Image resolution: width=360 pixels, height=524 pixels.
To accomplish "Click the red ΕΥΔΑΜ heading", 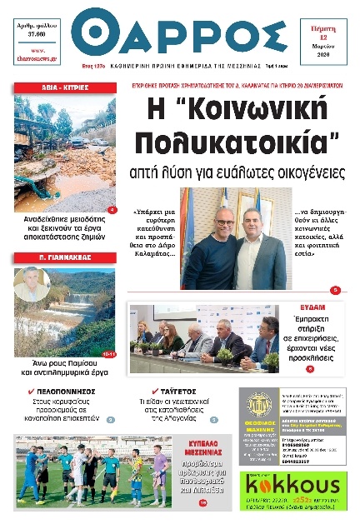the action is click(312, 307).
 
